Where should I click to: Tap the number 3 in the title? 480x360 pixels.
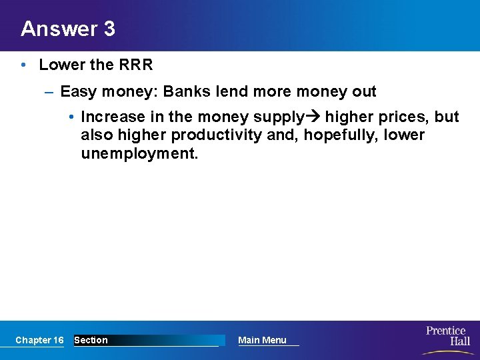point(109,29)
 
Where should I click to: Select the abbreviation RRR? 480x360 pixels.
point(135,65)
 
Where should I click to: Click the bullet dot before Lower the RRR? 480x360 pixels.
point(23,65)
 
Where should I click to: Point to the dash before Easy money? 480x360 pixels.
point(49,91)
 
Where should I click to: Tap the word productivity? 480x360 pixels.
point(212,135)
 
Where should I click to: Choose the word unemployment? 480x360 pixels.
point(139,154)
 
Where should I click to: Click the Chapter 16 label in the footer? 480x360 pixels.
point(39,340)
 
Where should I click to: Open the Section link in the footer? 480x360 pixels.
point(91,340)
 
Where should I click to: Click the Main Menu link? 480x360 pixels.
point(262,340)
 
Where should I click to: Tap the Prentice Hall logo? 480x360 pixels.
point(447,337)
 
